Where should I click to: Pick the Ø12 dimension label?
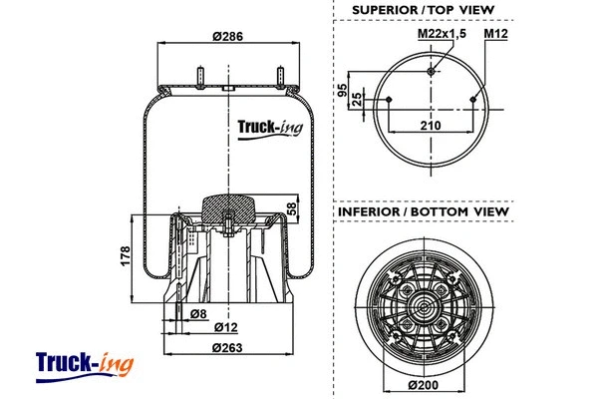pos(227,328)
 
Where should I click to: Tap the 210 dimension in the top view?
pos(431,125)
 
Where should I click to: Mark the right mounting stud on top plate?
pos(280,76)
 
